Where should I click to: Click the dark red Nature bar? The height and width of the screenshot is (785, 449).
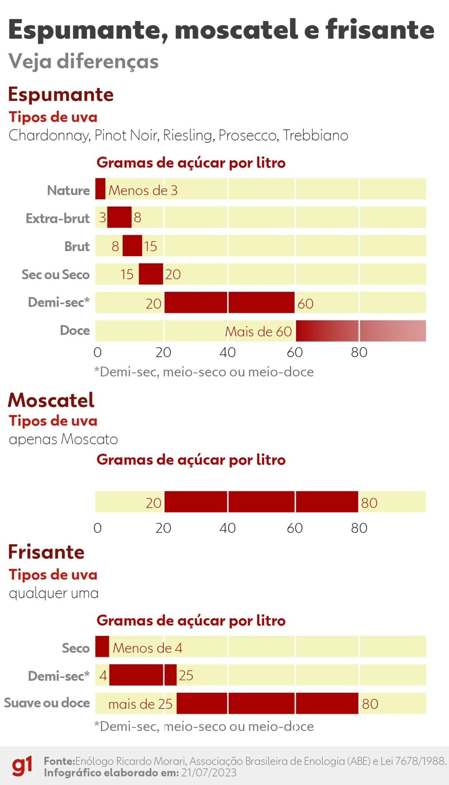click(100, 189)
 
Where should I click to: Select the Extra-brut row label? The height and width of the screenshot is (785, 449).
click(58, 218)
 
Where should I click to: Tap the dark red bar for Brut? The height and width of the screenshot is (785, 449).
click(132, 246)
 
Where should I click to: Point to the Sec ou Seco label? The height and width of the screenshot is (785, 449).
click(56, 274)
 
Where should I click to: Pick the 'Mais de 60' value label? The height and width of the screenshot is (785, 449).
click(258, 332)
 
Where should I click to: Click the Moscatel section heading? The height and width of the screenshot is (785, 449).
click(51, 400)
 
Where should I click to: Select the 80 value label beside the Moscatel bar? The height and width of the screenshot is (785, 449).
click(369, 503)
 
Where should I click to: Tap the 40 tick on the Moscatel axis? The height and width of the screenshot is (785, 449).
click(228, 528)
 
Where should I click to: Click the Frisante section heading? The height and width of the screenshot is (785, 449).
click(46, 552)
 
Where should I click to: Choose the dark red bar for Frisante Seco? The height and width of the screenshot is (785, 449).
click(102, 646)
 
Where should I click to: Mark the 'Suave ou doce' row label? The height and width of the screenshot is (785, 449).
click(47, 703)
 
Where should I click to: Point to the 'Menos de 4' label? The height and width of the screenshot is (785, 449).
click(147, 648)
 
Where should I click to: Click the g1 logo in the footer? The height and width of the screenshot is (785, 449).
click(22, 766)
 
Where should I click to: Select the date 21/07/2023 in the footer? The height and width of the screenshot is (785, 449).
click(209, 772)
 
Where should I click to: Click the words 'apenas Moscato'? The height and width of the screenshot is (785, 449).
click(63, 439)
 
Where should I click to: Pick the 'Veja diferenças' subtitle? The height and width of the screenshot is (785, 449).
click(84, 61)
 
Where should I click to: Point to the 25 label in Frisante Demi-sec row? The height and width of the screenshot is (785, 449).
click(186, 675)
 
